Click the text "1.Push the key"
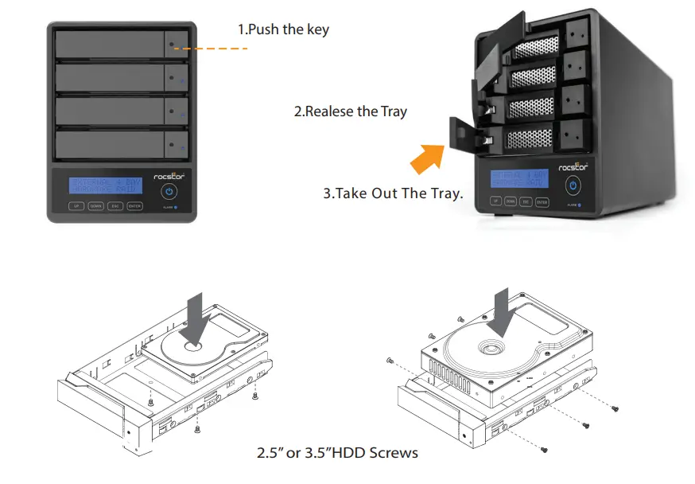coord(283,29)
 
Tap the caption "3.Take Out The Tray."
coord(393,193)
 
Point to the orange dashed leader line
coord(211,49)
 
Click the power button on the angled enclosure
coord(573,185)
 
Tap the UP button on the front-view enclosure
coord(76,206)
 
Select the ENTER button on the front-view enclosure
coord(134,206)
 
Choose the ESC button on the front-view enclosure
coord(115,206)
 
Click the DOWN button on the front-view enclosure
coord(95,206)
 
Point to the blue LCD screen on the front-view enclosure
coord(105,185)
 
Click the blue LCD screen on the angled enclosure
coord(518,178)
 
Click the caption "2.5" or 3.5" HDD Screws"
coord(336,453)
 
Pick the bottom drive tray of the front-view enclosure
coord(120,145)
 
